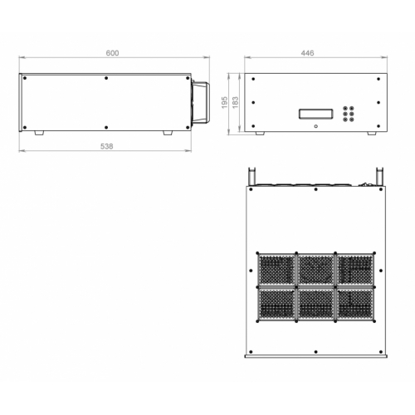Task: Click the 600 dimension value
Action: click(x=112, y=53)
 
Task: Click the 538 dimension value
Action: click(x=107, y=146)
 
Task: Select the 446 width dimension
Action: click(x=307, y=53)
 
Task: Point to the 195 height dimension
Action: click(x=224, y=102)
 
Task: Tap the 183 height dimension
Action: click(x=235, y=102)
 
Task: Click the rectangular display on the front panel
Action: click(x=315, y=114)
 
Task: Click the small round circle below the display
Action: click(x=315, y=126)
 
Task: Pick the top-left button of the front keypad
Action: click(x=345, y=109)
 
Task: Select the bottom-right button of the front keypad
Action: click(x=351, y=120)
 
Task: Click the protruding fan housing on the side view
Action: click(x=201, y=102)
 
